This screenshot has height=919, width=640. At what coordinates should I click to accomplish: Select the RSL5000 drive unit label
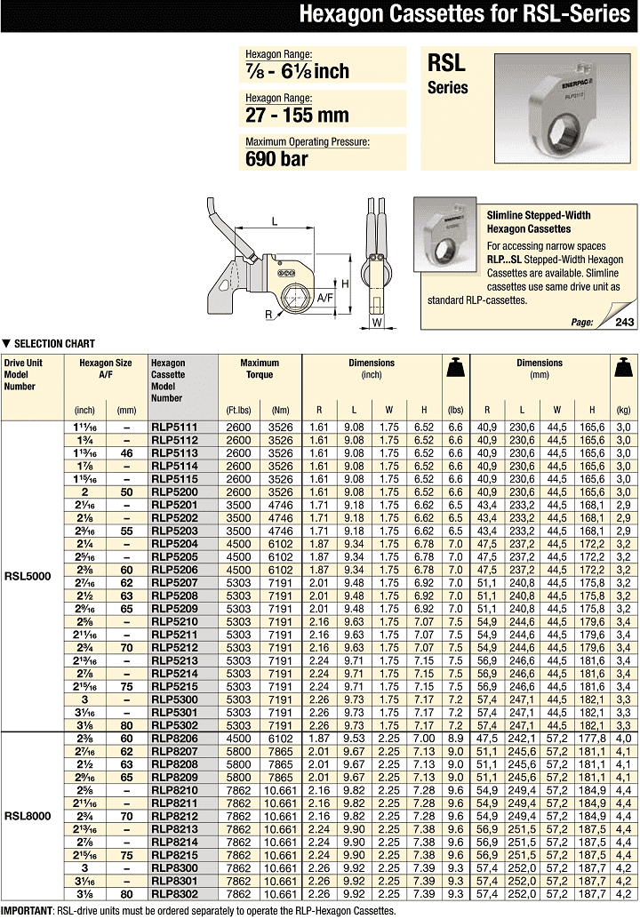click(x=28, y=576)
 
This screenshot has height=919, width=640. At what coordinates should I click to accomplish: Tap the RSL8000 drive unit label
click(x=28, y=814)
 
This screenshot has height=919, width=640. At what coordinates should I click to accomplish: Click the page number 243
click(x=625, y=323)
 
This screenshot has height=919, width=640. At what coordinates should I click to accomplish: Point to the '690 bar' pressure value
click(x=276, y=159)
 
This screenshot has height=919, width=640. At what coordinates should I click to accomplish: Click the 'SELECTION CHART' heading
click(x=53, y=343)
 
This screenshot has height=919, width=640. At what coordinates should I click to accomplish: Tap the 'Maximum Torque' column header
click(x=260, y=368)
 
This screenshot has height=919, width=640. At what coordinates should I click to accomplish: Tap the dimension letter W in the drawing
click(x=376, y=324)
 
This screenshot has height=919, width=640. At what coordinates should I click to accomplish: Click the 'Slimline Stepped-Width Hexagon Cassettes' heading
click(x=539, y=222)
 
